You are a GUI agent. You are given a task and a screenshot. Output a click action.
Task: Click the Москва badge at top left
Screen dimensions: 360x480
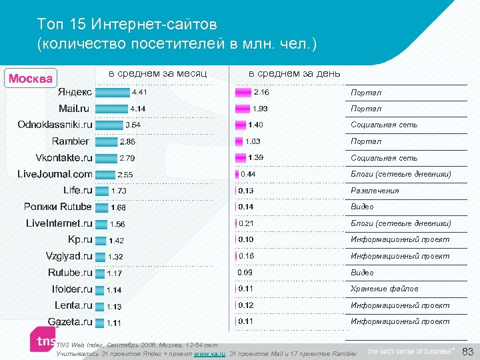click(31, 78)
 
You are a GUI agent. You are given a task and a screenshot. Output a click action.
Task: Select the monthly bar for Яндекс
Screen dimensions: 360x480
click(112, 92)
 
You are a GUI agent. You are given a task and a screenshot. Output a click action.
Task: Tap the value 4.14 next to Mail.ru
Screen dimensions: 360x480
click(138, 109)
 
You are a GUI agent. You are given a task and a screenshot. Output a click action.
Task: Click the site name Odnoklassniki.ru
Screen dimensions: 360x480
click(55, 125)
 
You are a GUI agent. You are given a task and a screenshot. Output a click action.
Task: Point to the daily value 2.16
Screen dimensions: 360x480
click(261, 92)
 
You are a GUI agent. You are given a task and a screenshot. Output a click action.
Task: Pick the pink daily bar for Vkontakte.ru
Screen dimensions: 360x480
click(240, 157)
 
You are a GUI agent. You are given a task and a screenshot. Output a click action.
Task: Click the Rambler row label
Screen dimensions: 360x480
click(70, 141)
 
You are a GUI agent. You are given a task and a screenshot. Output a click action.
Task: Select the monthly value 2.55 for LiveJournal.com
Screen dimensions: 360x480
click(125, 175)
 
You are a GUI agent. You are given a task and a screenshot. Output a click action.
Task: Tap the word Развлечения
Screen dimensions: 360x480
click(375, 191)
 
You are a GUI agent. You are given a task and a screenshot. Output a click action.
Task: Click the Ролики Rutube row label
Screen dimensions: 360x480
click(57, 207)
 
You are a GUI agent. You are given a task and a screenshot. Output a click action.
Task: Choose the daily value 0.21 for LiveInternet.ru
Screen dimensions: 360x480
click(247, 223)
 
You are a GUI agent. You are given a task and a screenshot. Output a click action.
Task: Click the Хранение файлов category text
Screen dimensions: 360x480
click(385, 289)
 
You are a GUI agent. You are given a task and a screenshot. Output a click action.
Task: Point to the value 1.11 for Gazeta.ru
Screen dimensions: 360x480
click(114, 323)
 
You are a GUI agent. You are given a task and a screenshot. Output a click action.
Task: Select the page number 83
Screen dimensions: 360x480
click(467, 351)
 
